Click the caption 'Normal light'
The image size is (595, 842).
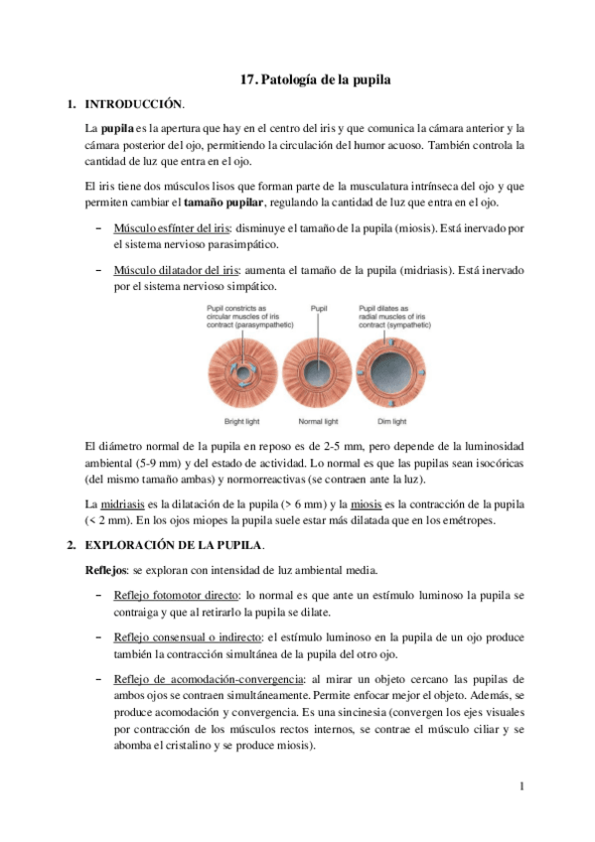pyautogui.click(x=318, y=422)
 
